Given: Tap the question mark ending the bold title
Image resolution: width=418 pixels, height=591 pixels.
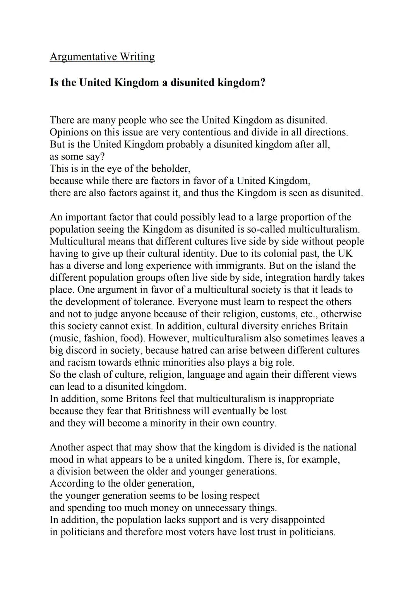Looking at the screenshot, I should [x=263, y=83].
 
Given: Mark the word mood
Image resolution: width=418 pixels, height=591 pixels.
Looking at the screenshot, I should [x=61, y=459].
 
